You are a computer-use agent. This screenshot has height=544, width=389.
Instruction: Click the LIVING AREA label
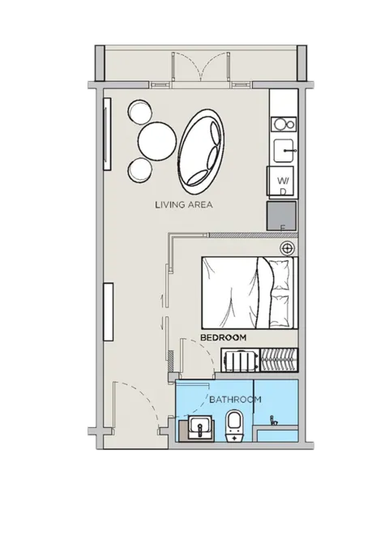click(x=183, y=204)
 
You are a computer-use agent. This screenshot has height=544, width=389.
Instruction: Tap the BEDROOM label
click(x=224, y=337)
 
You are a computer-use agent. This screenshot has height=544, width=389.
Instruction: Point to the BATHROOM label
click(x=235, y=400)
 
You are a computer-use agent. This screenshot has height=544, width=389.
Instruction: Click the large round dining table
click(x=157, y=140)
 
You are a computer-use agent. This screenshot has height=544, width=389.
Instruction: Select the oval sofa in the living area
click(x=200, y=152)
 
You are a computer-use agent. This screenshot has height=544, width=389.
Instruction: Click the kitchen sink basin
click(x=285, y=151)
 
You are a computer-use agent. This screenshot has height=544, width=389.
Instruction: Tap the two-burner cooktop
click(x=284, y=124)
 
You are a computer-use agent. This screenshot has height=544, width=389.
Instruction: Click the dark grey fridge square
click(x=281, y=216)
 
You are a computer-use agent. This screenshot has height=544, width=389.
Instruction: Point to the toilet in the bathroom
click(x=235, y=426)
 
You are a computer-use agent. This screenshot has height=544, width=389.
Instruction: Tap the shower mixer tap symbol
click(x=274, y=420)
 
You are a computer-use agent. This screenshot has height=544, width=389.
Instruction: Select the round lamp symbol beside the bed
click(x=288, y=248)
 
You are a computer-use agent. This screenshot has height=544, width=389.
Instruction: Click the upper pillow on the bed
click(x=281, y=275)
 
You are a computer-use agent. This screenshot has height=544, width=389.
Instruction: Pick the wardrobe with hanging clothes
click(x=279, y=361)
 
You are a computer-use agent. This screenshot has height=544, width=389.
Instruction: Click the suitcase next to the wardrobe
click(x=241, y=361)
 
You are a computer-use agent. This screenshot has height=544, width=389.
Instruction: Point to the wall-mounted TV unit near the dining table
click(x=107, y=134)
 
